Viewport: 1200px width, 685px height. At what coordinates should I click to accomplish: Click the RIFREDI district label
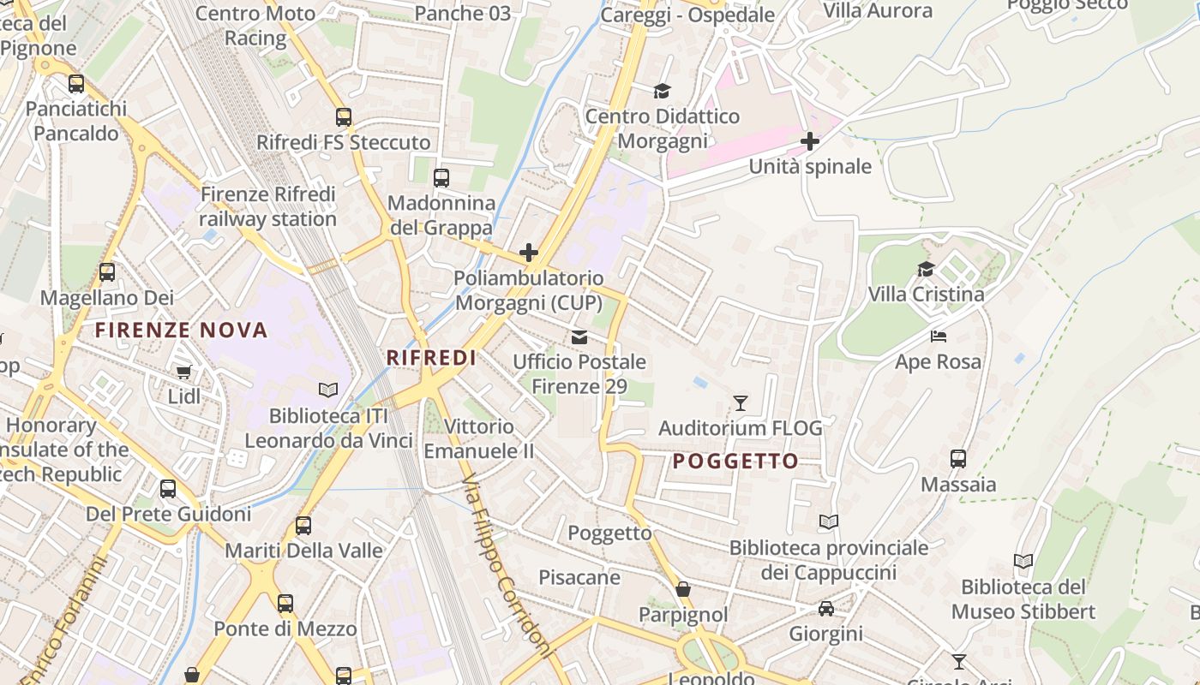tap(431, 358)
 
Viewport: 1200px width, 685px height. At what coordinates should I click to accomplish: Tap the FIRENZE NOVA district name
tap(181, 330)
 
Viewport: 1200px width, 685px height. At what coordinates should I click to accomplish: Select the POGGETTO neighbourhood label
tap(735, 462)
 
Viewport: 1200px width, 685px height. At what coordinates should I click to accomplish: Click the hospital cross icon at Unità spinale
tap(809, 141)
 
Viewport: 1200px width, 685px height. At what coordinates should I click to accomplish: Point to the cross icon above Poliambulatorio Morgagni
tap(529, 253)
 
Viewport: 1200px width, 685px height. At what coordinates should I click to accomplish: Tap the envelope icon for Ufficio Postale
tap(579, 337)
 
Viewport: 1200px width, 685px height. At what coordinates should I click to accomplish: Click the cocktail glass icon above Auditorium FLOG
tap(741, 402)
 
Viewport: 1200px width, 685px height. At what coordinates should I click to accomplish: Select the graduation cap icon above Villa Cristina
tap(926, 270)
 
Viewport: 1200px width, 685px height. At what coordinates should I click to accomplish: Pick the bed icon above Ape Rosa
tap(939, 337)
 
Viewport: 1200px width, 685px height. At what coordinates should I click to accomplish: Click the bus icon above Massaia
tap(958, 459)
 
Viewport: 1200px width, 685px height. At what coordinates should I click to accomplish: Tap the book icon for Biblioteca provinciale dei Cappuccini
tap(828, 521)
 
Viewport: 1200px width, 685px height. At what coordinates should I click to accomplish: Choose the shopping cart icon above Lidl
tap(184, 371)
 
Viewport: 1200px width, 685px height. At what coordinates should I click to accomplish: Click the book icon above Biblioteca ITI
tap(328, 390)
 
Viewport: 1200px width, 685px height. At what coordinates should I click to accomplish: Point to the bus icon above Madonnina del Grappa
tap(441, 178)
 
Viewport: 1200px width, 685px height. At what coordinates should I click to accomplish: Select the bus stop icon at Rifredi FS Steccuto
tap(344, 117)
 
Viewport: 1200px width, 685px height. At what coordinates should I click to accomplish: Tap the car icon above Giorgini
tap(825, 609)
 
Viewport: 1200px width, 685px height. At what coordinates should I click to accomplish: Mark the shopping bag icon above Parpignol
tap(683, 589)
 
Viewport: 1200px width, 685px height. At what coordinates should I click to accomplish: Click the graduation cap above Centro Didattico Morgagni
tap(662, 91)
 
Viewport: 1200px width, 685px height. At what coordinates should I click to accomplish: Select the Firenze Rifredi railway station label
tap(267, 207)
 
